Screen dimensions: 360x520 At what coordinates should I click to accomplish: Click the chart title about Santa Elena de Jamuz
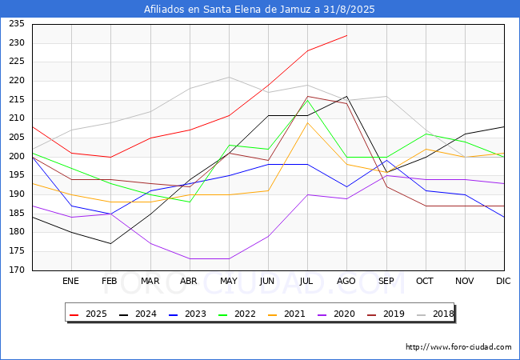259,10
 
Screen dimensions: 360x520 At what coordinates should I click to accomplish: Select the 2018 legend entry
432,314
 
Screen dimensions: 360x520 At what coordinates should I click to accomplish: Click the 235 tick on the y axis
15,24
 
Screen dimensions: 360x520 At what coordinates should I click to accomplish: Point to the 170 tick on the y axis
15,270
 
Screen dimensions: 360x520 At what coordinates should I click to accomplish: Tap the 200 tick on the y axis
15,157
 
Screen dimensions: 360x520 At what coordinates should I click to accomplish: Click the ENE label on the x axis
71,281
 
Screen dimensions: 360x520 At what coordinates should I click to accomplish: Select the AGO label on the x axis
346,281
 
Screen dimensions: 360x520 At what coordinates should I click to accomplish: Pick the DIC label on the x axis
503,281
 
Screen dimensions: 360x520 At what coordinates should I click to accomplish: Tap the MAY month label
229,281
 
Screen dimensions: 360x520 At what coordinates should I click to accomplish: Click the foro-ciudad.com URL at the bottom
458,347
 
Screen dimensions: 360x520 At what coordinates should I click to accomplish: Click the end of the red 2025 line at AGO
346,35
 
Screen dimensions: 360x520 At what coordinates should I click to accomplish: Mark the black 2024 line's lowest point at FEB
110,243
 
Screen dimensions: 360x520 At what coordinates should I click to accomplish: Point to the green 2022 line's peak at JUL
307,100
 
